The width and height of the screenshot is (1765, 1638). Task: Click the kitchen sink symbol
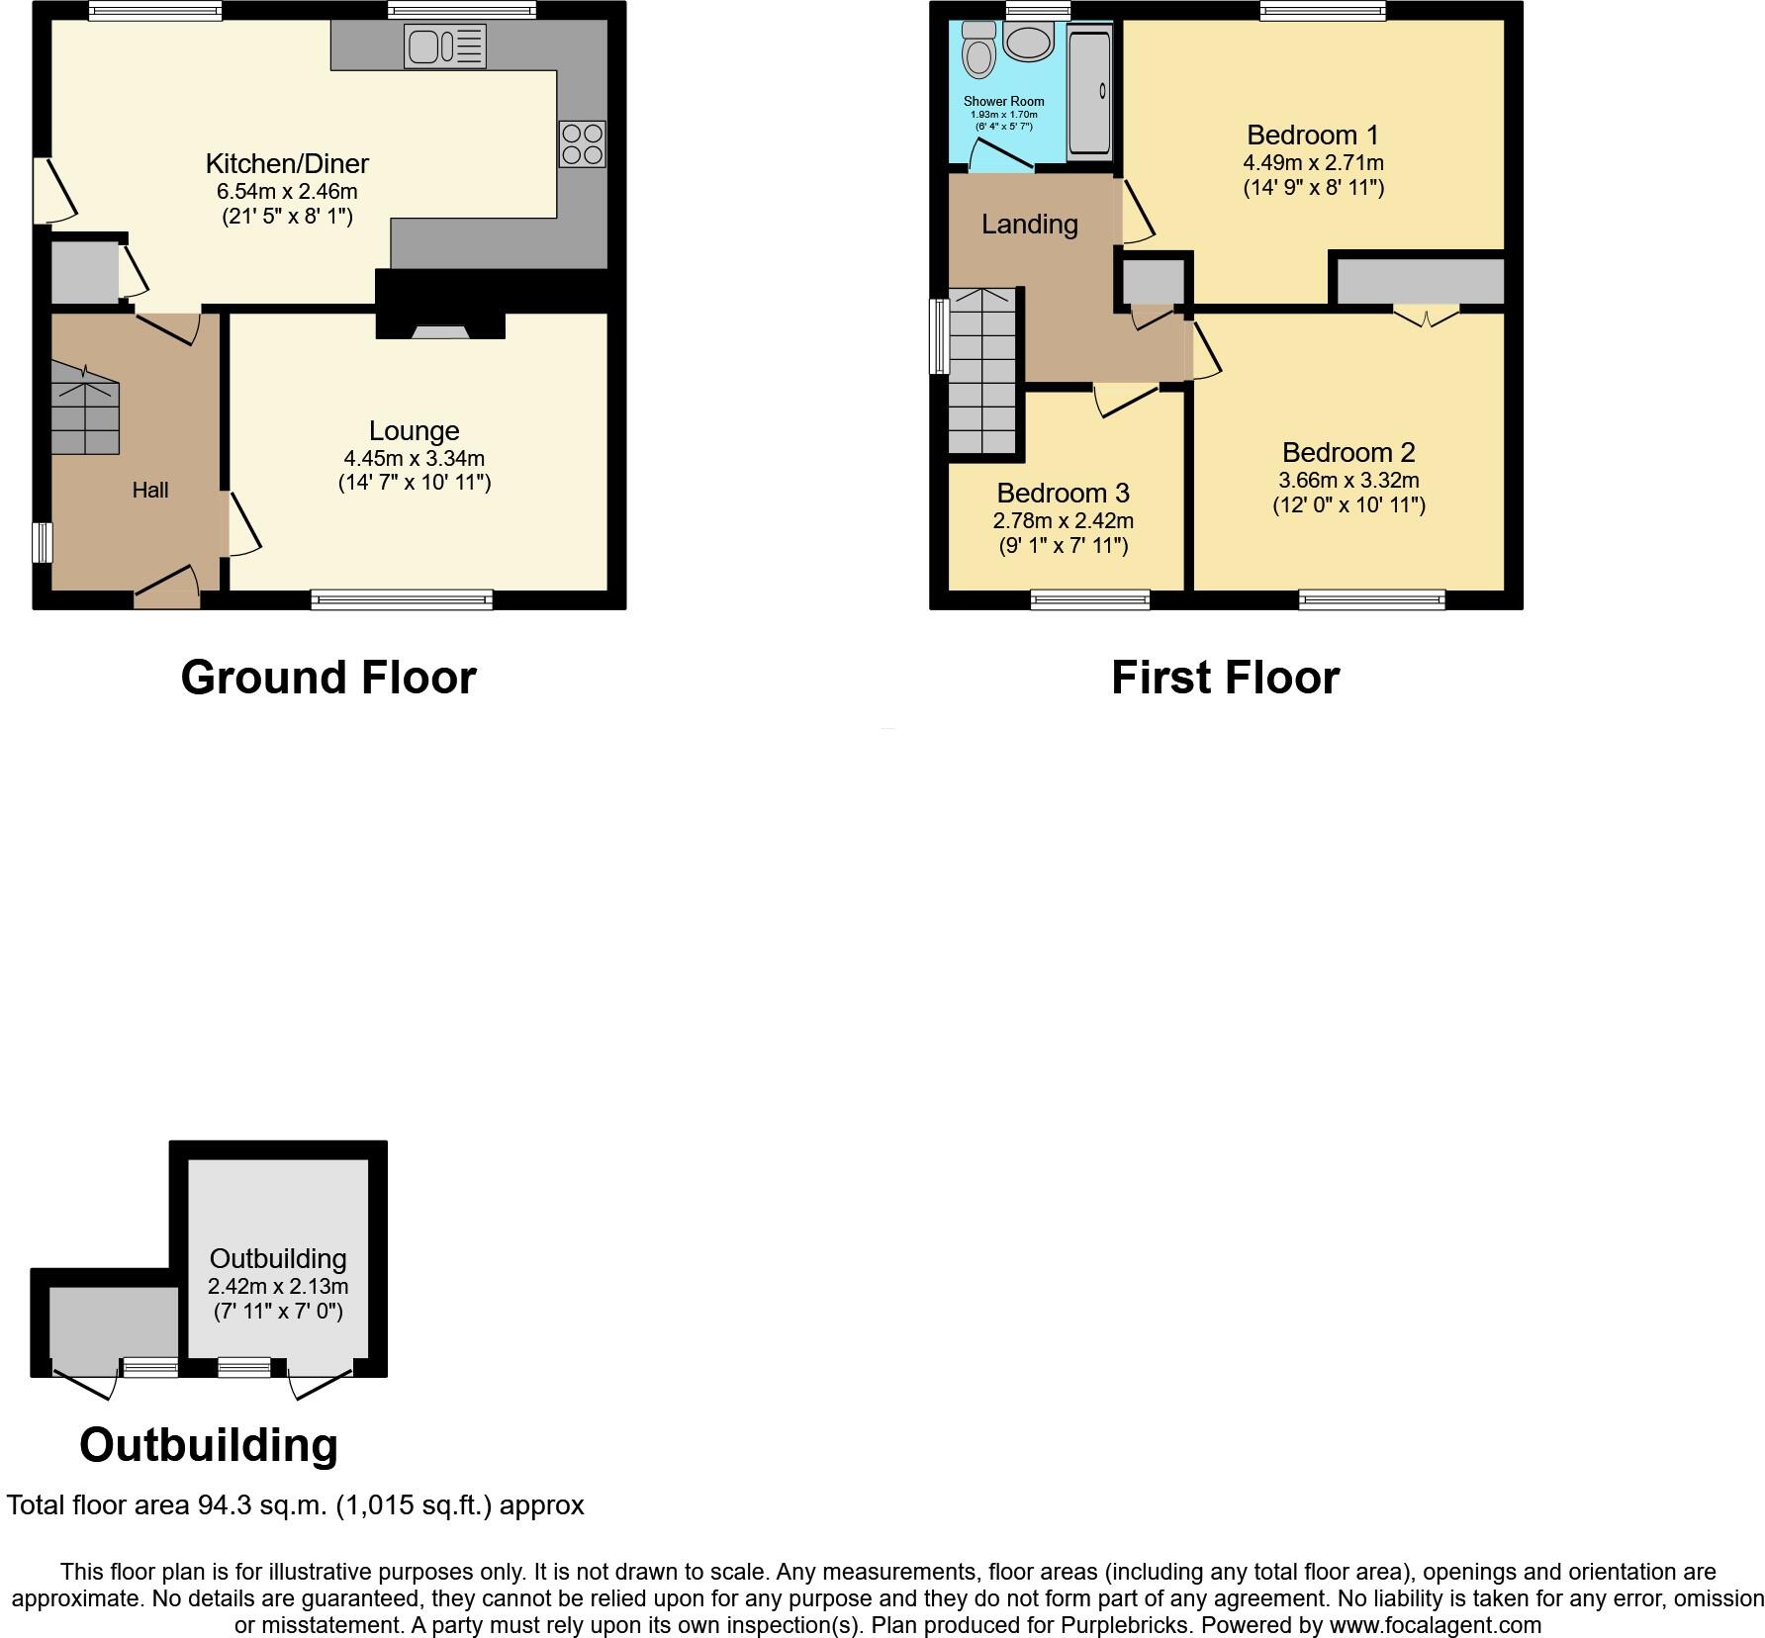444,45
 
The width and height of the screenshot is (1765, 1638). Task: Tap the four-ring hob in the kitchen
582,143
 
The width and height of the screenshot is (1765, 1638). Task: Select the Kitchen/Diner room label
287,163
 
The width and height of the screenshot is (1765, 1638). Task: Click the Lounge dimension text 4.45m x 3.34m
414,458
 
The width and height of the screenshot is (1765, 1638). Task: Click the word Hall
150,490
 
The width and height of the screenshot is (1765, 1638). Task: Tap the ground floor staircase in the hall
85,408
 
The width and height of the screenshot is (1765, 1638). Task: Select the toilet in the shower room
978,49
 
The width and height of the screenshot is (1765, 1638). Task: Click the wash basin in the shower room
1029,41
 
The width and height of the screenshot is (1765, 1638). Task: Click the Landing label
1029,225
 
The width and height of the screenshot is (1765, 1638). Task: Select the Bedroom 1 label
1313,135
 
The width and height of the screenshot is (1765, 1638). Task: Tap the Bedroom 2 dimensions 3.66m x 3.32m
1348,481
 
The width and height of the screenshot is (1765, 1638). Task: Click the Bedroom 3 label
1063,493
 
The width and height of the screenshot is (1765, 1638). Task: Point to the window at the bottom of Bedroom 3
1089,598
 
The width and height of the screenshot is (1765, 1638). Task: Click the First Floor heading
1225,679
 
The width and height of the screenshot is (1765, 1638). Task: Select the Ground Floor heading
328,679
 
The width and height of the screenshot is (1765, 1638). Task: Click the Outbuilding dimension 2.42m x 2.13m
278,1287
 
